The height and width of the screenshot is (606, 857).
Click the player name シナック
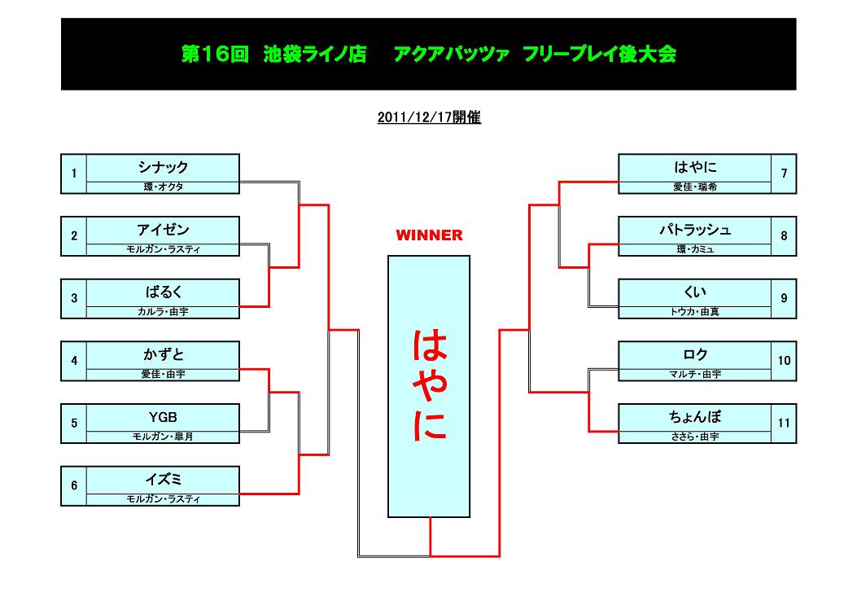click(x=163, y=167)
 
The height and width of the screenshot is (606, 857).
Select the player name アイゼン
click(x=163, y=230)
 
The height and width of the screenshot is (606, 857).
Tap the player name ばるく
click(x=163, y=292)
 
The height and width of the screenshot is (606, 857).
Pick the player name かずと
click(x=163, y=354)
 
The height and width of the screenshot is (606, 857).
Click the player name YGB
click(x=163, y=417)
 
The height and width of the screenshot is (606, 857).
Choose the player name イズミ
click(x=163, y=480)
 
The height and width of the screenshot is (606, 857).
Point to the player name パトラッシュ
click(x=695, y=230)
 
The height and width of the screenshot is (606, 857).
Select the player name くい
click(x=695, y=292)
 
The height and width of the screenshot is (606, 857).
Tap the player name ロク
click(x=695, y=354)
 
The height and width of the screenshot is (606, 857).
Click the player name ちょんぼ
click(x=695, y=417)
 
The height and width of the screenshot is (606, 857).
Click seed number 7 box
click(x=784, y=174)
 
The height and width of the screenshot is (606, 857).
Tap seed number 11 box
click(x=784, y=424)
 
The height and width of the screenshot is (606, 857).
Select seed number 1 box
click(x=74, y=174)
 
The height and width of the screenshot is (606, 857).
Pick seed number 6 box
click(x=74, y=485)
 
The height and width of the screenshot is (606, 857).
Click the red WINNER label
click(x=429, y=235)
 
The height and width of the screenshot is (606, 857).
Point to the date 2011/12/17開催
click(x=429, y=117)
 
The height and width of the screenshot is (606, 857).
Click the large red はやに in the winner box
click(x=430, y=385)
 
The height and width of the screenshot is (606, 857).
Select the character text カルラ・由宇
click(x=163, y=312)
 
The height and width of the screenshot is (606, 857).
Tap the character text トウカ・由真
click(x=695, y=312)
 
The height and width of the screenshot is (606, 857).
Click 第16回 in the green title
click(x=215, y=54)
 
